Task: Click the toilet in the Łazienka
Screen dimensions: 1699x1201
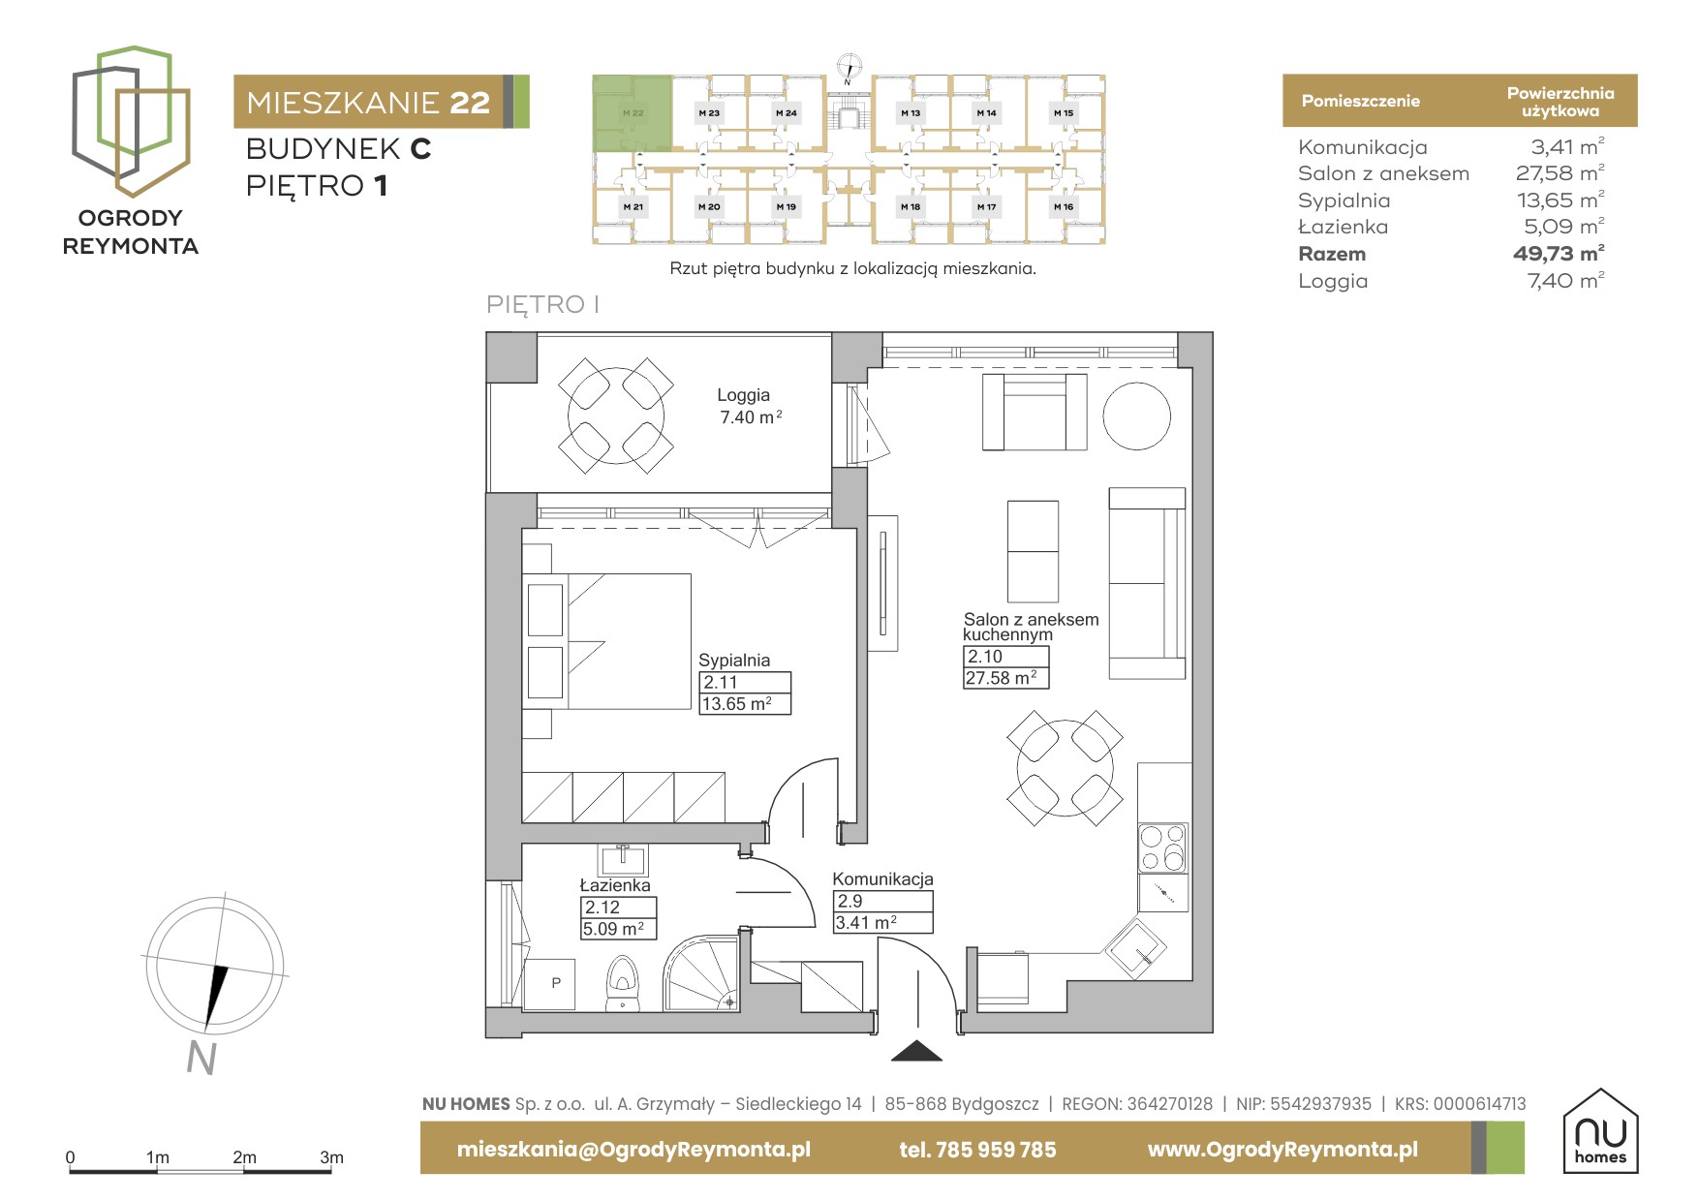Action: tap(622, 984)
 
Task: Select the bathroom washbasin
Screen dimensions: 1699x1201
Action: tap(622, 860)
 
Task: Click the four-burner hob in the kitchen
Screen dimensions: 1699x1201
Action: tap(1162, 847)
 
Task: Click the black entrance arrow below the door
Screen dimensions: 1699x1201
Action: tap(916, 1051)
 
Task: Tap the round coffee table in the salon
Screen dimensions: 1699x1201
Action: tap(1136, 416)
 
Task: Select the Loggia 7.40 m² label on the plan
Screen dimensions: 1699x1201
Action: tap(749, 406)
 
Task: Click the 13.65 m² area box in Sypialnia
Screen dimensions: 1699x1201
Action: tap(745, 704)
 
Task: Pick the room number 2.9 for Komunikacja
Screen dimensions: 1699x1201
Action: tap(849, 901)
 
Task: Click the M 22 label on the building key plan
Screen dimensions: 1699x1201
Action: tap(633, 113)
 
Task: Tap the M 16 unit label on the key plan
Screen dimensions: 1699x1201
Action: tap(1064, 206)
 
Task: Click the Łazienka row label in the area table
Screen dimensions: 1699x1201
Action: tap(1344, 227)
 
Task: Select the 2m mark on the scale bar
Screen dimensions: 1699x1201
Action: tap(244, 1157)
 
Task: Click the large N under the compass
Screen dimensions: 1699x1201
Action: tap(201, 1058)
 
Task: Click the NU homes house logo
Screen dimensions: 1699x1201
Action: tap(1601, 1130)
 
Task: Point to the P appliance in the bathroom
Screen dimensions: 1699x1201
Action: tap(550, 984)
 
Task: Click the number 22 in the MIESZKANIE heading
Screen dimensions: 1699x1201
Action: tap(470, 103)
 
